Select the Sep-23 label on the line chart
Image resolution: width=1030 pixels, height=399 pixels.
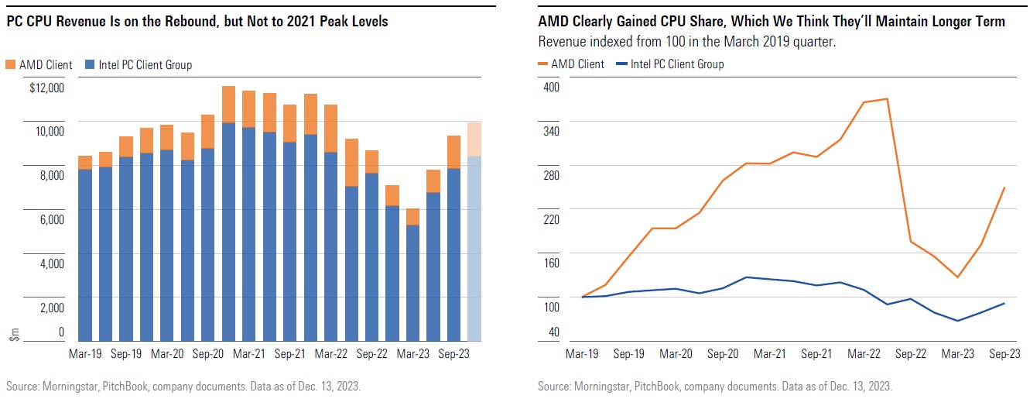click(1004, 353)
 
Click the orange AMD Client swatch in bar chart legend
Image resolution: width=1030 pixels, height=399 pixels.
click(10, 64)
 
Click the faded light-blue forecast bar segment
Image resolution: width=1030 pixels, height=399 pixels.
click(474, 248)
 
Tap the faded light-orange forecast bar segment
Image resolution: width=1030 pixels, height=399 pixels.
click(474, 139)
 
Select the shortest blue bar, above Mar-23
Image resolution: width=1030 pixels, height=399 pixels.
click(413, 283)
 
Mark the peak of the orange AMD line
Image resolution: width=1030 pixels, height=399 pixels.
click(887, 98)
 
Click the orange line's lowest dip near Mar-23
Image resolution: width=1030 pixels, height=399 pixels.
click(957, 277)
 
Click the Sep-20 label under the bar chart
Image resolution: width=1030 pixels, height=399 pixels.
click(207, 353)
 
